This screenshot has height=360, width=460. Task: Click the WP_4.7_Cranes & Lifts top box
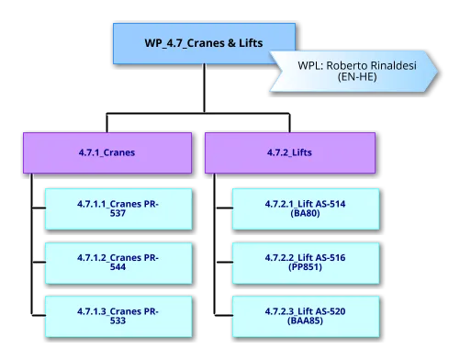pyautogui.click(x=204, y=44)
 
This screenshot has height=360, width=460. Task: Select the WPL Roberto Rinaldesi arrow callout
pyautogui.click(x=353, y=71)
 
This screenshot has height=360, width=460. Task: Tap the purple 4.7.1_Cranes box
pyautogui.click(x=108, y=153)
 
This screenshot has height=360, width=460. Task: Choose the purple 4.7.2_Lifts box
pyautogui.click(x=290, y=153)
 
